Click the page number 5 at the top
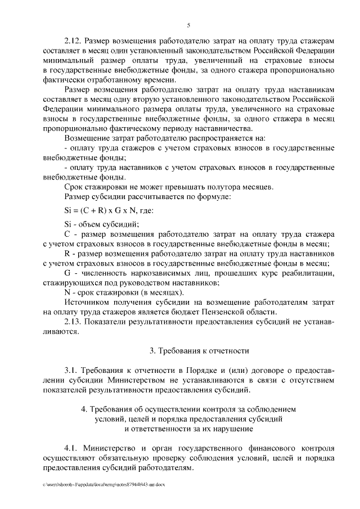pyautogui.click(x=189, y=25)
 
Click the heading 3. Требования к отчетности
pyautogui.click(x=199, y=351)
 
